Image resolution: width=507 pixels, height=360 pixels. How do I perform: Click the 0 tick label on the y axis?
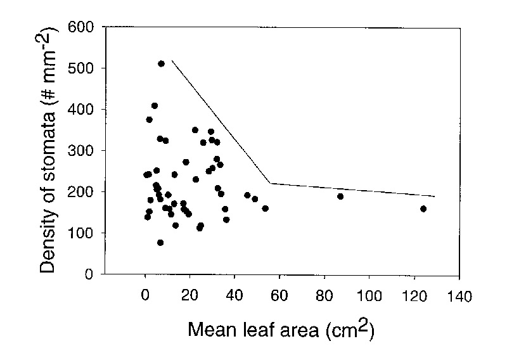point(89,274)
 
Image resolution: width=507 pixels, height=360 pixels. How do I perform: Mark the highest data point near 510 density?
point(161,64)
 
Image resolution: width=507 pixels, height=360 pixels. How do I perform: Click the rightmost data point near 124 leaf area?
point(423,209)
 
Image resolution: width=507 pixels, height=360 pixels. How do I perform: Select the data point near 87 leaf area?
point(340,196)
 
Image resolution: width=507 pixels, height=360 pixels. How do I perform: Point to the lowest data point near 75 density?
point(160,243)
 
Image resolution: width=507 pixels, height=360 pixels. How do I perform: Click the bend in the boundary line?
point(271,183)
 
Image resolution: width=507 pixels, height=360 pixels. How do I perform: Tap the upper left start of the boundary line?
point(172,61)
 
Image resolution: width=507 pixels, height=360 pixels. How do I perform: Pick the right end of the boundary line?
point(435,196)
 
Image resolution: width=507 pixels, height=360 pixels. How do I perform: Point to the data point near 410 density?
point(155,106)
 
